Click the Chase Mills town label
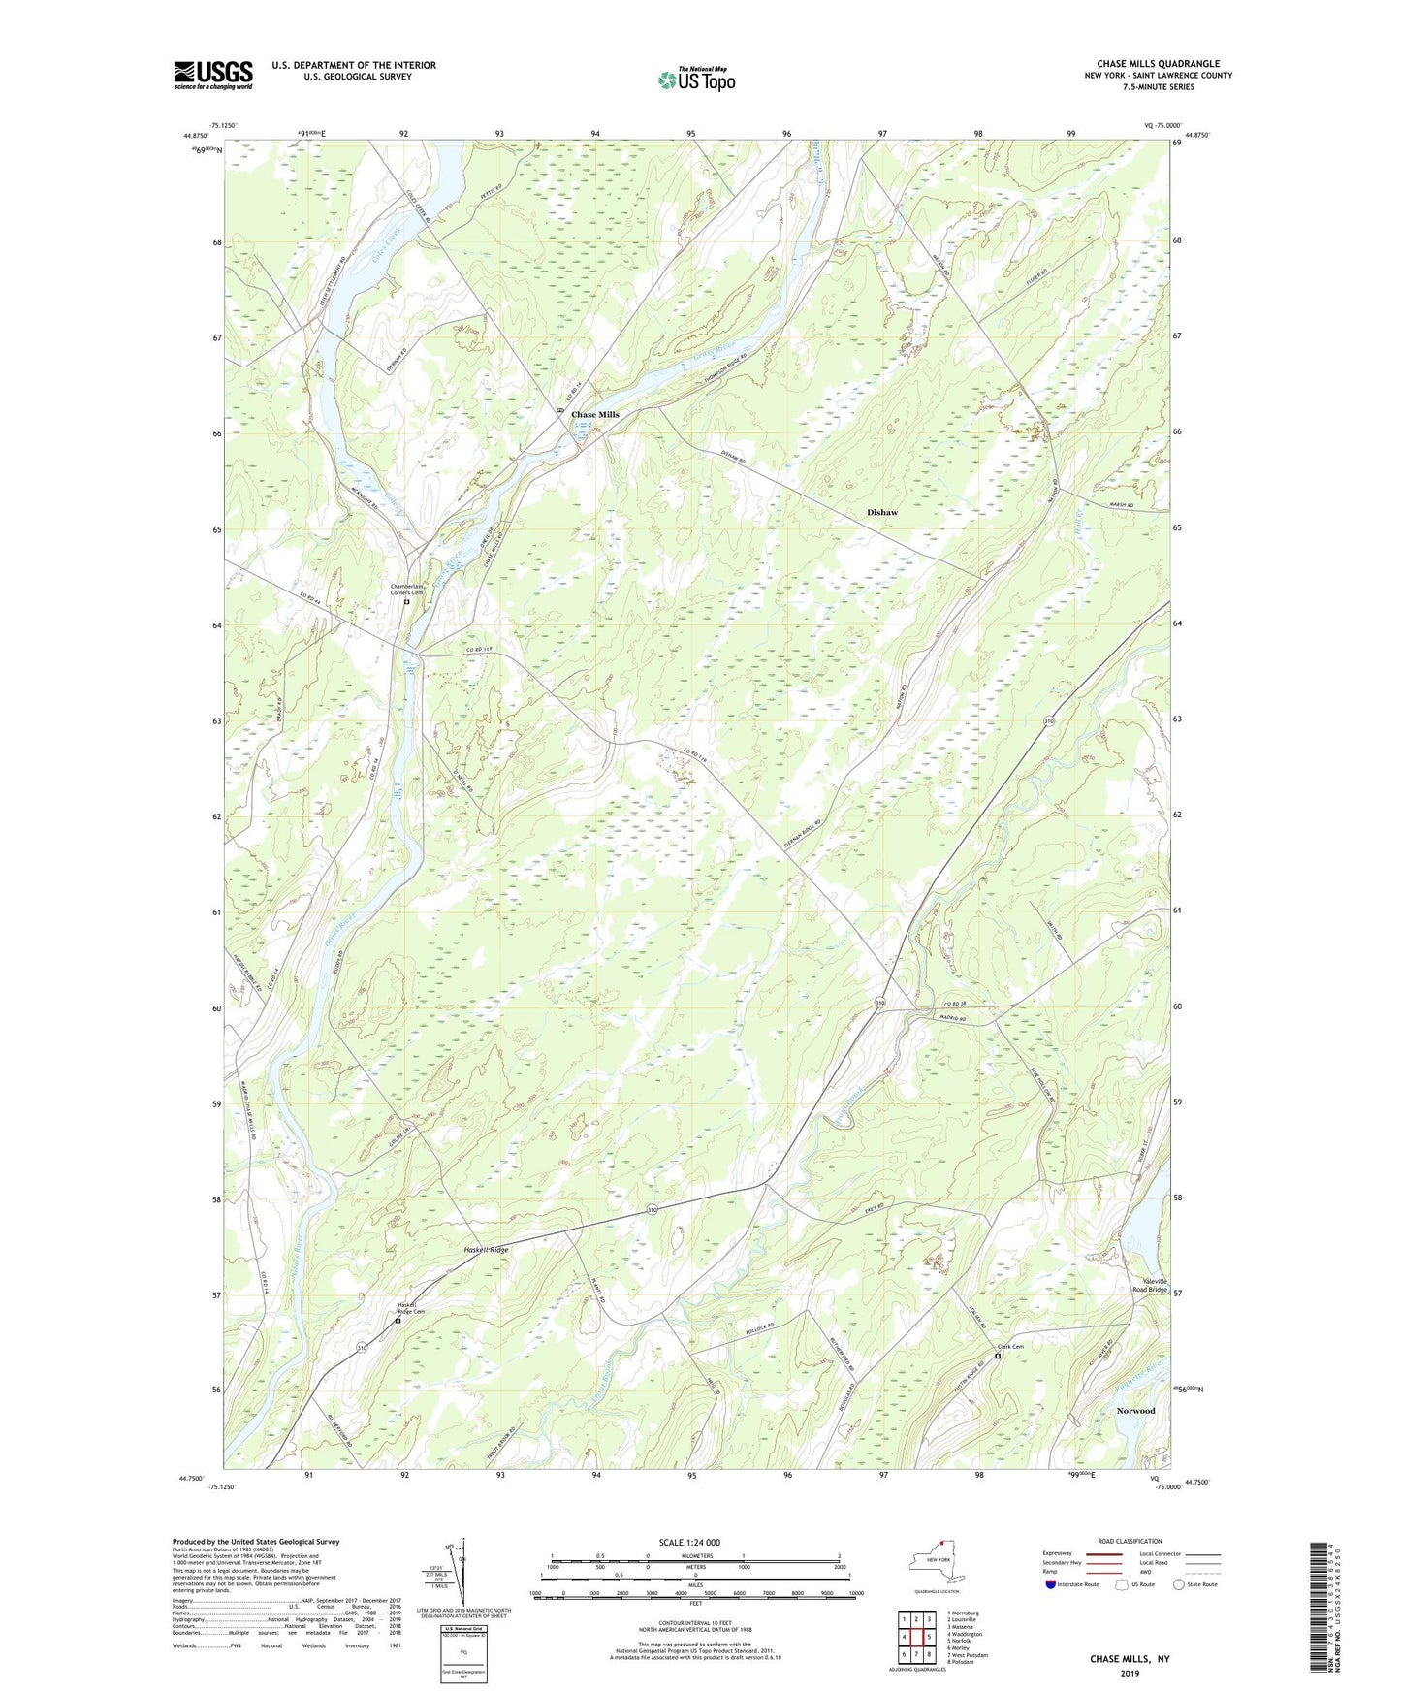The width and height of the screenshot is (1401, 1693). (x=594, y=414)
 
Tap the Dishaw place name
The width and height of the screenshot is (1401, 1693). (x=881, y=512)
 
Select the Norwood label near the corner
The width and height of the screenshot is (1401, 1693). (x=1134, y=1410)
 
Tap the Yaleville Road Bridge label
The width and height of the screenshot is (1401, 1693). (x=1150, y=1285)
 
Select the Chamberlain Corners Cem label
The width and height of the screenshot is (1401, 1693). (x=408, y=589)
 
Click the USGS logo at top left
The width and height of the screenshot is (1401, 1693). (x=212, y=75)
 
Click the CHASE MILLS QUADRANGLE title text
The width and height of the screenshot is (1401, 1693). (x=1158, y=64)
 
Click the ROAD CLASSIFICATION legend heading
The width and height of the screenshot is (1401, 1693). (x=1130, y=1541)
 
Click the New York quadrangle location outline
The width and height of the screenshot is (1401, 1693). (x=935, y=1561)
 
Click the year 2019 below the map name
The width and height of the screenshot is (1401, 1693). (x=1130, y=1673)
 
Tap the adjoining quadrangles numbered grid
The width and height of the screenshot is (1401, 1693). (x=915, y=1637)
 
